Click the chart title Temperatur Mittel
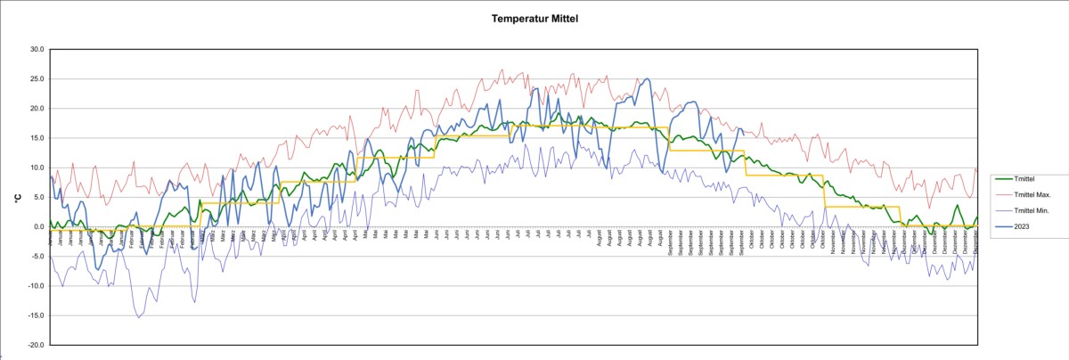534,18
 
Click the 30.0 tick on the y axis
36,49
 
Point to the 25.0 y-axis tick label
36,78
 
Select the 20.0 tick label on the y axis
36,109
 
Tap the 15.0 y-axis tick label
36,138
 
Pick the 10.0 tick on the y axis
36,168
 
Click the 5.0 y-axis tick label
37,197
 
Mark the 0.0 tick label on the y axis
37,226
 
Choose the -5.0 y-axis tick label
37,256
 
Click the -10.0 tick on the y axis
35,286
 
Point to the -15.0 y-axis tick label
35,315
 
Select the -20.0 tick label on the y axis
35,345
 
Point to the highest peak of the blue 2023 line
647,79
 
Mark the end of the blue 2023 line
744,135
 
